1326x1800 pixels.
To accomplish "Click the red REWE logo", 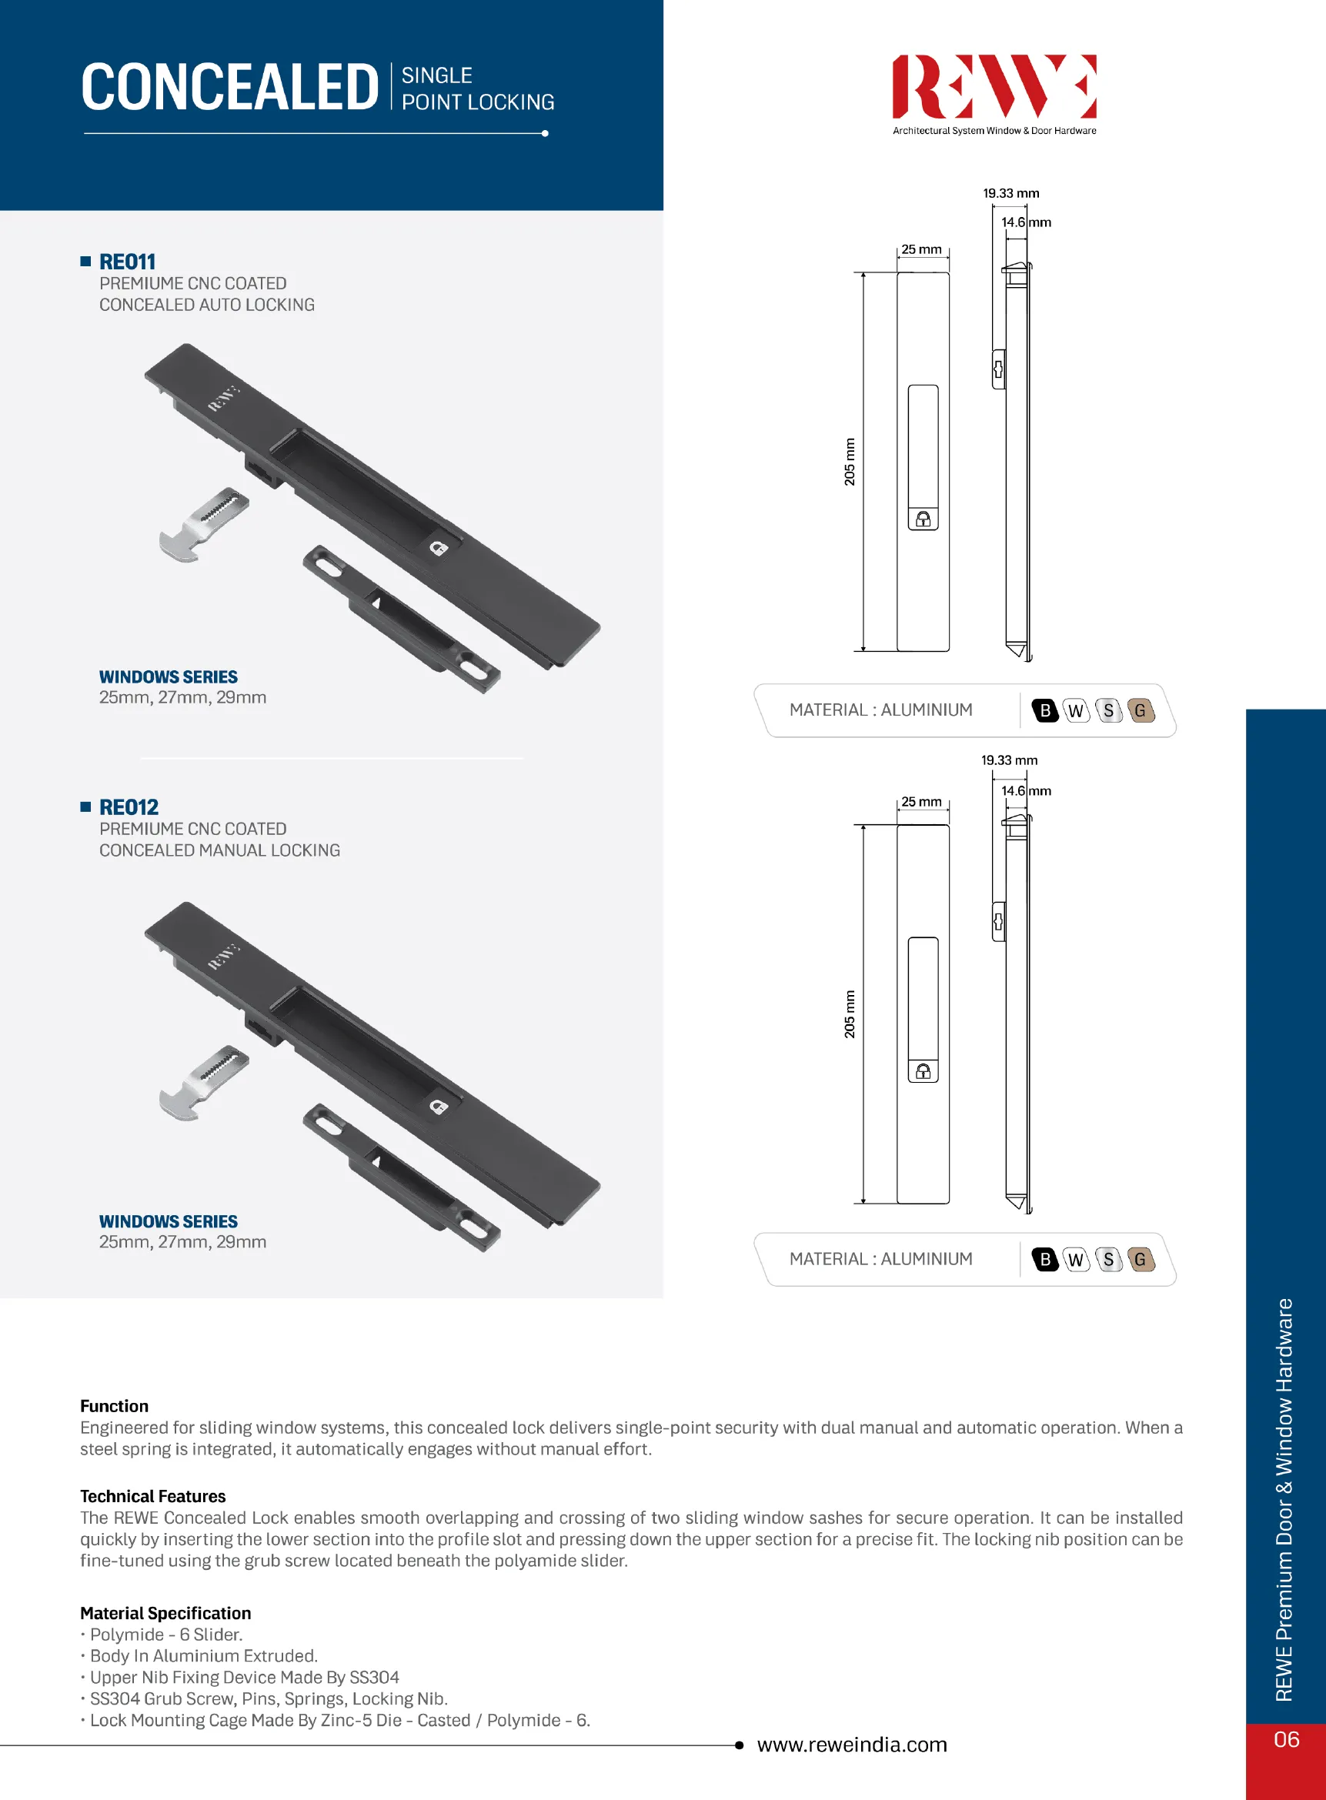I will (x=994, y=87).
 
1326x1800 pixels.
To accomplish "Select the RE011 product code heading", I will (x=127, y=262).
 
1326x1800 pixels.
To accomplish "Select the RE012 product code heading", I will (x=129, y=806).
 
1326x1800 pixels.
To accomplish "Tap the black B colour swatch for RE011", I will (x=1044, y=710).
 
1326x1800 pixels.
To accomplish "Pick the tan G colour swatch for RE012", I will (x=1140, y=1259).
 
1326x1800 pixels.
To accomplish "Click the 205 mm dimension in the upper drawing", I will (x=849, y=462).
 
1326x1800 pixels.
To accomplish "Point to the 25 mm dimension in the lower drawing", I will (x=920, y=802).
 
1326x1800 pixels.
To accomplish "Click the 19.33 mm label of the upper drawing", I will (x=1010, y=193).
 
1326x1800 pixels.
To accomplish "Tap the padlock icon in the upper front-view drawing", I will (x=923, y=519).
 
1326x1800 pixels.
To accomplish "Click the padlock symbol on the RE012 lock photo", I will (x=438, y=1107).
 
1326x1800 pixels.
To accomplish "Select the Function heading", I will (x=114, y=1406).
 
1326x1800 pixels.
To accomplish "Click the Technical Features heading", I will (x=152, y=1496).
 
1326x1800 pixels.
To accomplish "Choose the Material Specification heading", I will (x=165, y=1613).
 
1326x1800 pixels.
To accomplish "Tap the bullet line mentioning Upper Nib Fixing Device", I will (x=244, y=1677).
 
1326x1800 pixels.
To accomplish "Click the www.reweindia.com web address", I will (x=852, y=1745).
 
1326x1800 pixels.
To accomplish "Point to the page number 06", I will (x=1286, y=1739).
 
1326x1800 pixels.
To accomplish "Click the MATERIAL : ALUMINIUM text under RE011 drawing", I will (x=880, y=710).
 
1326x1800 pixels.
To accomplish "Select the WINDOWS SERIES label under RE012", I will (x=169, y=1221).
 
